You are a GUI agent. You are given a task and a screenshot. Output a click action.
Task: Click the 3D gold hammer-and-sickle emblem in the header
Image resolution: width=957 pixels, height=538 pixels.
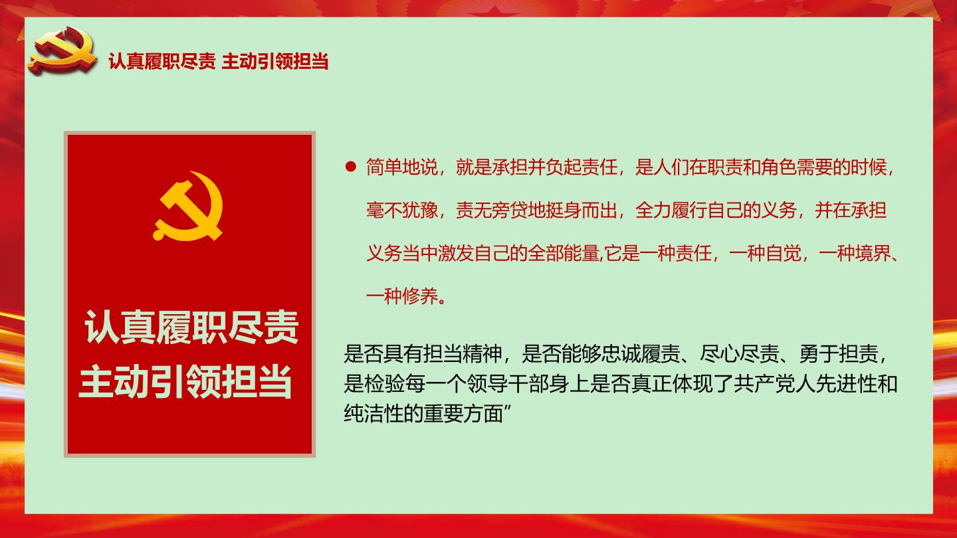pyautogui.click(x=62, y=50)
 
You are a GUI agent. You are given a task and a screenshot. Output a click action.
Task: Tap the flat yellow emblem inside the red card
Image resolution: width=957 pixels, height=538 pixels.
pyautogui.click(x=188, y=206)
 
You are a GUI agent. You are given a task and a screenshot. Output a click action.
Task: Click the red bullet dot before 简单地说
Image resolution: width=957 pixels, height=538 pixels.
pyautogui.click(x=351, y=167)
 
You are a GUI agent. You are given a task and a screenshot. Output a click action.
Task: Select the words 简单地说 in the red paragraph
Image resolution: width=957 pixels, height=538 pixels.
pyautogui.click(x=402, y=167)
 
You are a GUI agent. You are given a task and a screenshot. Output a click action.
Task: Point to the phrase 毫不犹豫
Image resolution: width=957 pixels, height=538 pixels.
pyautogui.click(x=402, y=210)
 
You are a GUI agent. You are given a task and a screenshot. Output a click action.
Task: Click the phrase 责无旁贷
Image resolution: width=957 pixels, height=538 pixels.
pyautogui.click(x=492, y=210)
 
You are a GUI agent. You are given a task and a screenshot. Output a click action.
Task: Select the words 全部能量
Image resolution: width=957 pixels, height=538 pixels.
pyautogui.click(x=564, y=253)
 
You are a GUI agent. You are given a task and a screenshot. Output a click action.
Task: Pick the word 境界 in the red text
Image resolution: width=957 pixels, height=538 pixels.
pyautogui.click(x=873, y=253)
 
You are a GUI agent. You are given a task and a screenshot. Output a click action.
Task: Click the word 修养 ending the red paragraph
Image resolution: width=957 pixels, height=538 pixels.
pyautogui.click(x=421, y=296)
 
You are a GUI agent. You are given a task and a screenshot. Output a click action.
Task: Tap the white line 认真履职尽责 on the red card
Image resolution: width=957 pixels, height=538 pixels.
pyautogui.click(x=191, y=327)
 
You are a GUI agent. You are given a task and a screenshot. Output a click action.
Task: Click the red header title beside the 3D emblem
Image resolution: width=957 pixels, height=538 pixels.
pyautogui.click(x=218, y=61)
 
